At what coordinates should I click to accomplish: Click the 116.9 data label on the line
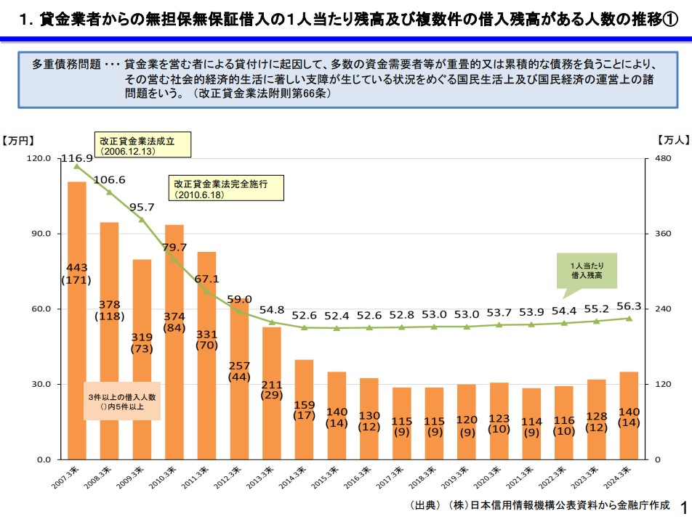76,158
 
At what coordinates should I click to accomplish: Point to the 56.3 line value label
629,306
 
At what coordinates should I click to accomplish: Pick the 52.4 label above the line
337,316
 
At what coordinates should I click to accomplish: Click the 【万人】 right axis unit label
672,141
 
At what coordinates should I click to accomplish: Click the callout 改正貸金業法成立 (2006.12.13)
142,145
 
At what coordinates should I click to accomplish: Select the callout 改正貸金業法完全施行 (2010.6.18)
226,189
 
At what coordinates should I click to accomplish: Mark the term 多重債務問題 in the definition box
66,64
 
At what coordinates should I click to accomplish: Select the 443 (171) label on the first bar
76,273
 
